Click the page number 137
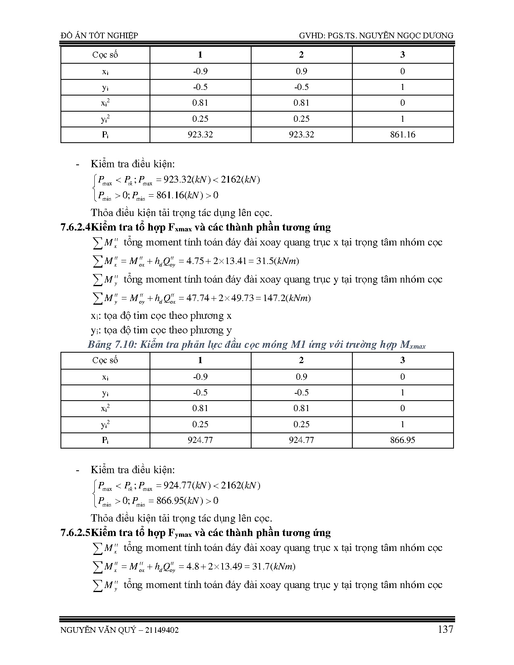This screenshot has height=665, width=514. pyautogui.click(x=445, y=629)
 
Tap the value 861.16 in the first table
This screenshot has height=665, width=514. pyautogui.click(x=402, y=135)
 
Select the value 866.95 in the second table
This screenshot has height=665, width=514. pyautogui.click(x=402, y=440)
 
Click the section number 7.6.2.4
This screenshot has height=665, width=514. pyautogui.click(x=75, y=227)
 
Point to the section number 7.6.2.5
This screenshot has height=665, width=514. pyautogui.click(x=75, y=533)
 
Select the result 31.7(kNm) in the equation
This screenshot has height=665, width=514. pyautogui.click(x=274, y=567)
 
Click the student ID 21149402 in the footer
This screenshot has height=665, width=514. pyautogui.click(x=160, y=630)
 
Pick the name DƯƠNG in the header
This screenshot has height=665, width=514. pyautogui.click(x=438, y=35)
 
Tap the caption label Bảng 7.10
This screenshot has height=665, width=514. pyautogui.click(x=108, y=345)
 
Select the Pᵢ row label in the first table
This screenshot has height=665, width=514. pyautogui.click(x=105, y=135)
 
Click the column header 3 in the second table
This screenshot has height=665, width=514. pyautogui.click(x=402, y=360)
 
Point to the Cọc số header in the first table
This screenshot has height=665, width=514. pyautogui.click(x=105, y=55)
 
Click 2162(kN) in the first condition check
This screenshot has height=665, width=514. pyautogui.click(x=240, y=180)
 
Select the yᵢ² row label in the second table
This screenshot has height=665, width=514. pyautogui.click(x=105, y=424)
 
